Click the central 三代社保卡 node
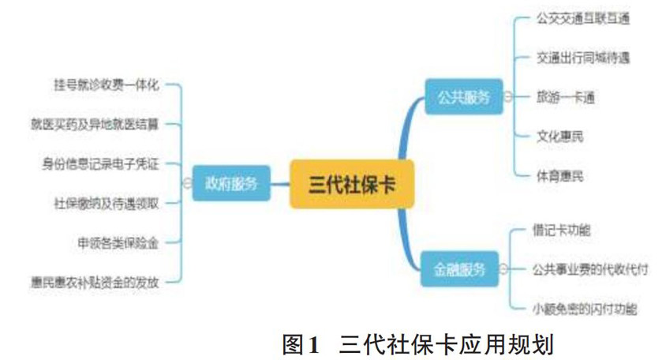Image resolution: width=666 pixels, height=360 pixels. (351, 184)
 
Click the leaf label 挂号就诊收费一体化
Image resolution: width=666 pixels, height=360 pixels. (106, 84)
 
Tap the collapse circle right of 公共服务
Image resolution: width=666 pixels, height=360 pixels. (507, 96)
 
